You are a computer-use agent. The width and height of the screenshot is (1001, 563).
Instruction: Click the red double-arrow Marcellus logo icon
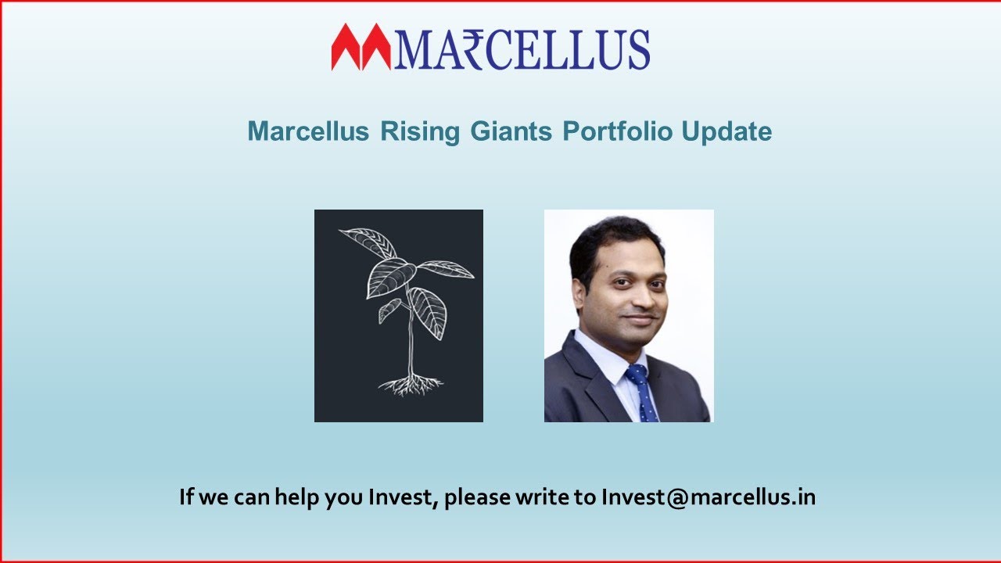(361, 47)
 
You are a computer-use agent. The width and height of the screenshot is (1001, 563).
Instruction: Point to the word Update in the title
(727, 131)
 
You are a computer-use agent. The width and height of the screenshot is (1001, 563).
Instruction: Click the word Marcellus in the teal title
(308, 131)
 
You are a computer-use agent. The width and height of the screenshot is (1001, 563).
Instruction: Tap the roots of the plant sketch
(410, 384)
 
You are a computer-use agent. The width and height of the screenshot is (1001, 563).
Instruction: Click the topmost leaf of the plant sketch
(368, 242)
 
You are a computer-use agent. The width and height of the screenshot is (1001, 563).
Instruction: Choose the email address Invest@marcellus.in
(708, 497)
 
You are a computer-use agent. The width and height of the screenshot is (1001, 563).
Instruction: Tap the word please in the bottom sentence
(476, 497)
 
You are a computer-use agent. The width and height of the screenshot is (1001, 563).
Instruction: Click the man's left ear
(579, 296)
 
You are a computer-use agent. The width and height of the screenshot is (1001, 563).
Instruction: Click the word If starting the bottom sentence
(186, 497)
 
